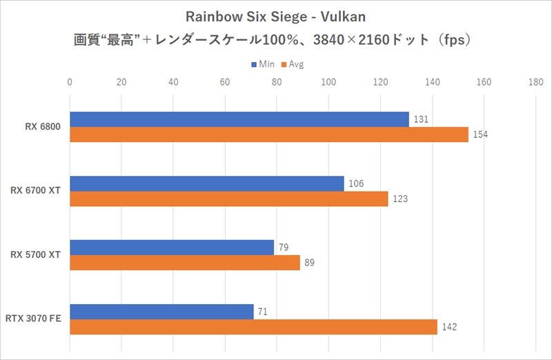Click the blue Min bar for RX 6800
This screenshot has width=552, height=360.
click(239, 119)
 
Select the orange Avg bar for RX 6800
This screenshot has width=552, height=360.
click(269, 134)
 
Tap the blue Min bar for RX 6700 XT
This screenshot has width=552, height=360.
click(207, 183)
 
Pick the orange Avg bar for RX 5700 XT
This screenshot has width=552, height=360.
click(185, 263)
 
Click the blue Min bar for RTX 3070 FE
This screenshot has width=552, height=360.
click(161, 312)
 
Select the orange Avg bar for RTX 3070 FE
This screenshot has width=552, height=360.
click(253, 327)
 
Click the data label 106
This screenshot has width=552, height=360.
click(357, 183)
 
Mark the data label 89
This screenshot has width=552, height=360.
click(309, 263)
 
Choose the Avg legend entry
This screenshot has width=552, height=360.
click(292, 64)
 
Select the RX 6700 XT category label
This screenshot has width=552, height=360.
click(37, 191)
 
